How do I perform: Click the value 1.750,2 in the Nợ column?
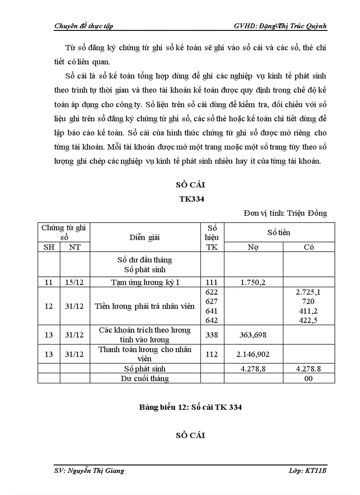click(253, 283)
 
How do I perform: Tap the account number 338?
click(212, 335)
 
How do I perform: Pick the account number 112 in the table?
click(212, 354)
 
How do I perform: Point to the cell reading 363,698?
click(253, 335)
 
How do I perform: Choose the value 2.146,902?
click(253, 354)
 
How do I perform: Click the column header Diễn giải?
click(145, 237)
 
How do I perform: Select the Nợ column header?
click(253, 247)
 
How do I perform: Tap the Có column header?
click(308, 247)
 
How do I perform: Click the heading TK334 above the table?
click(191, 199)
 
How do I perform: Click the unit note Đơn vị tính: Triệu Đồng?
click(285, 213)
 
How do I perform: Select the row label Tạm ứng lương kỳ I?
click(145, 283)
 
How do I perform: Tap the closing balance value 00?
click(308, 378)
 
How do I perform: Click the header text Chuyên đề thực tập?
click(83, 26)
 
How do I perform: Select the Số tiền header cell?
click(279, 232)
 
